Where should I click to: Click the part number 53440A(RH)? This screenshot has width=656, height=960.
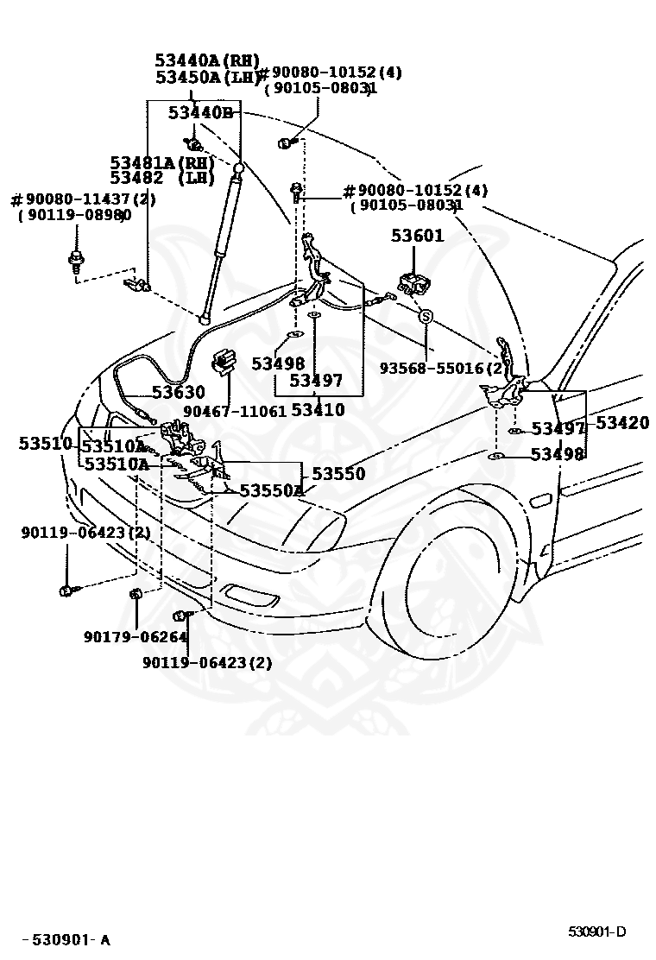tap(207, 60)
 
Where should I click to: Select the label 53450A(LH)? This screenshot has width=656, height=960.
tap(207, 78)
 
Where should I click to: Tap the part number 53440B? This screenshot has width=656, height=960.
tap(200, 112)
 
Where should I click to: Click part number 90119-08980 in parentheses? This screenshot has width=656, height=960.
tap(74, 216)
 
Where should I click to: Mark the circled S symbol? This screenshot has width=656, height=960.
tap(426, 318)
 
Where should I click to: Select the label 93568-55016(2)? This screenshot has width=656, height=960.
tap(441, 367)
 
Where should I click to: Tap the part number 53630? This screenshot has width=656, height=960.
tap(179, 392)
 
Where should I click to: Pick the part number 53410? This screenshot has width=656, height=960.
tap(318, 409)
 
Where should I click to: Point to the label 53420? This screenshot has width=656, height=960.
tap(621, 423)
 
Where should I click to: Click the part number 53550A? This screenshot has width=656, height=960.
tap(272, 490)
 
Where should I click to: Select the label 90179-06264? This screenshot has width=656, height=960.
tap(136, 637)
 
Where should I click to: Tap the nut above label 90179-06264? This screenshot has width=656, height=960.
tap(136, 593)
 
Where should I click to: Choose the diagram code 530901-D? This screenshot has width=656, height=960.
tap(596, 932)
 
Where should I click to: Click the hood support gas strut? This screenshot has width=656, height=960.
tap(220, 242)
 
